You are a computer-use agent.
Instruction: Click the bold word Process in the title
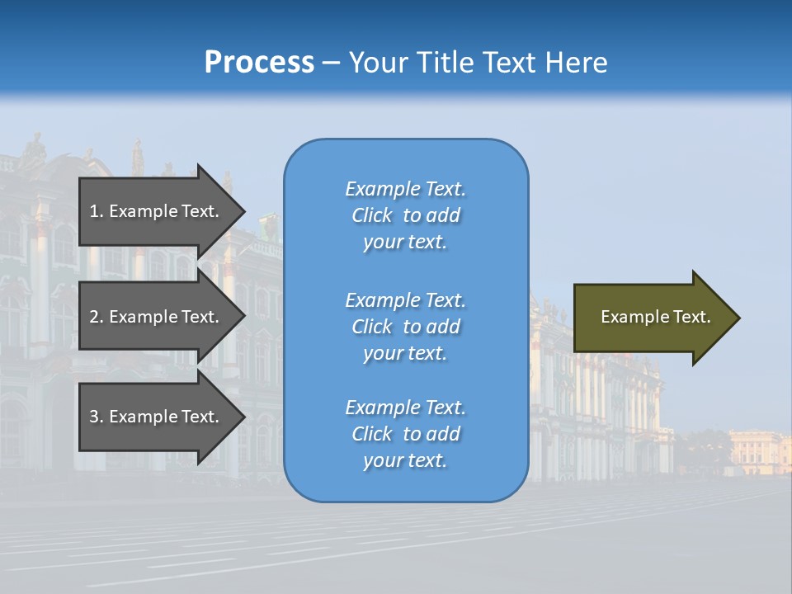coord(259,63)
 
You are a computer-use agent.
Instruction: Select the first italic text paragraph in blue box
coord(405,215)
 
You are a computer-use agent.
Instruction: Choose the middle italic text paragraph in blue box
coord(405,327)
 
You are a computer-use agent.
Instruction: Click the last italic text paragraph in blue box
coord(405,434)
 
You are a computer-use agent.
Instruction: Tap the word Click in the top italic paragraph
coord(371,215)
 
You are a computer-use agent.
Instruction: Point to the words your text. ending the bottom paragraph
coord(405,460)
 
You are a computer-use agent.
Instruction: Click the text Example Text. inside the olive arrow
coord(656,317)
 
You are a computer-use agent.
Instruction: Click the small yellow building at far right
coord(759,450)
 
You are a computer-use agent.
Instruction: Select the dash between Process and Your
coord(331,63)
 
